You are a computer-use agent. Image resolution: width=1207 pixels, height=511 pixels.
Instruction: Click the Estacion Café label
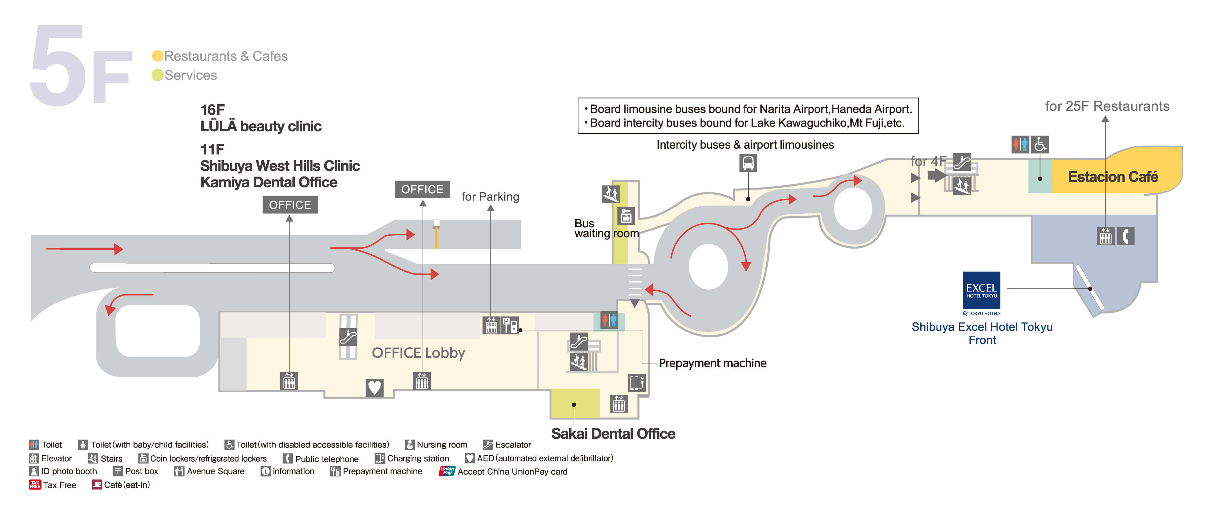tap(1112, 177)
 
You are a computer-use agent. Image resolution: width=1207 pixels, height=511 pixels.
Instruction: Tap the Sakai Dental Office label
tap(613, 434)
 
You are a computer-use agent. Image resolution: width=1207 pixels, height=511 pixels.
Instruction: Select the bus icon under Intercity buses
tap(748, 163)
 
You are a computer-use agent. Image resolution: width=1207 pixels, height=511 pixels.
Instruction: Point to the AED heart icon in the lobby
tap(374, 387)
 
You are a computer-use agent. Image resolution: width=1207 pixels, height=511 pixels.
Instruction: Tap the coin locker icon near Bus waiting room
tap(626, 216)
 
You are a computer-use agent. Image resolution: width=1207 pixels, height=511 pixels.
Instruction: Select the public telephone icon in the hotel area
tap(1125, 236)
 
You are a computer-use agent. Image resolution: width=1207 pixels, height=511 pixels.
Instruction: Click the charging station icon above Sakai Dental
tap(636, 383)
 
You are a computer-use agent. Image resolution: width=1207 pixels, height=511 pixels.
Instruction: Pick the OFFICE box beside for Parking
tap(422, 189)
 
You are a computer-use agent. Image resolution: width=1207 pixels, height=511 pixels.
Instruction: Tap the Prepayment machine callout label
tap(712, 363)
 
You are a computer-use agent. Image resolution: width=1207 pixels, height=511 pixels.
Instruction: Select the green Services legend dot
tap(158, 75)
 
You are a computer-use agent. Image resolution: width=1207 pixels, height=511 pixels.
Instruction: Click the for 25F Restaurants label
tap(1107, 107)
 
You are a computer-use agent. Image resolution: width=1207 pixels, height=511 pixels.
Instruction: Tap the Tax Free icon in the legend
tap(35, 485)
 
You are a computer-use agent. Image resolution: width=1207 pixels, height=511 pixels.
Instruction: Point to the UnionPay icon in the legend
tap(447, 471)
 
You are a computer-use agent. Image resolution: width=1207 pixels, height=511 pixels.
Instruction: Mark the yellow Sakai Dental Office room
tap(574, 403)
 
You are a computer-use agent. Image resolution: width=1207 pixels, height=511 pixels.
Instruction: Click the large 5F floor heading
tap(80, 66)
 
